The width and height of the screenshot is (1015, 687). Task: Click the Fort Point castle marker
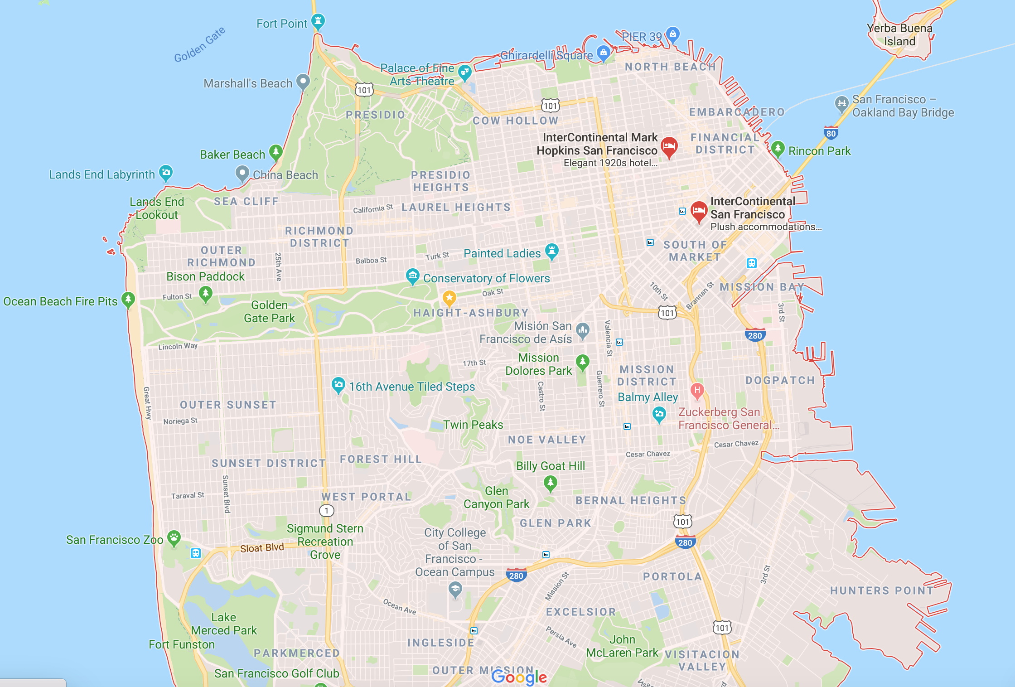[318, 20]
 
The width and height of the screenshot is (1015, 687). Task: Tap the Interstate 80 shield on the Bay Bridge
[831, 133]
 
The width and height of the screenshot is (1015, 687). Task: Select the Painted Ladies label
[502, 253]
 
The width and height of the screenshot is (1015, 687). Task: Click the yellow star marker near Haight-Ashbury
[449, 298]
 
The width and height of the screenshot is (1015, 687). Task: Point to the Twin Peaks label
[473, 425]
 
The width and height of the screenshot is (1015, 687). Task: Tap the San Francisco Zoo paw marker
[174, 538]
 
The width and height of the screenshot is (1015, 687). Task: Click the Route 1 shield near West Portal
[327, 511]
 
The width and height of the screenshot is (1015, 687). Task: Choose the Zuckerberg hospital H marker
[697, 390]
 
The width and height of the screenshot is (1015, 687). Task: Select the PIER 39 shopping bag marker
[673, 34]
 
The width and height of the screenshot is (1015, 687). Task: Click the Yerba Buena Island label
[899, 35]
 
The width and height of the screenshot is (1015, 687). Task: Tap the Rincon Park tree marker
[778, 148]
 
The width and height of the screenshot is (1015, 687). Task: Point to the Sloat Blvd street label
[262, 548]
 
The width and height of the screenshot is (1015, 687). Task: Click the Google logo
[519, 677]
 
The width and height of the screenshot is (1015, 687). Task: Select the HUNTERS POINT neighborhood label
[882, 590]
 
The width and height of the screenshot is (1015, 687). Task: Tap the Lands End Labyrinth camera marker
[166, 172]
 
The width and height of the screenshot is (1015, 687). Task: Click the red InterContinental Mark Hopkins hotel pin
[669, 146]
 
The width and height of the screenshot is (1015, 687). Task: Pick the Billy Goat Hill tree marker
[550, 482]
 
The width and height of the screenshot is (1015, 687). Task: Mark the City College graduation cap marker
[455, 590]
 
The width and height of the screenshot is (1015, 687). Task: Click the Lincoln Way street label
[178, 346]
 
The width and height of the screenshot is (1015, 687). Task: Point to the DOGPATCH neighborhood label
[780, 380]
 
